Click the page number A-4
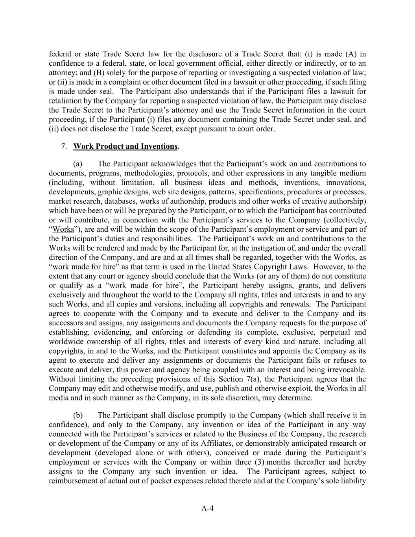click(207, 508)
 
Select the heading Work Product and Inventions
click(125, 146)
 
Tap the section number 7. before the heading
click(64, 146)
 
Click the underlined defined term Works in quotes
click(63, 229)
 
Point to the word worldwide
click(66, 342)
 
